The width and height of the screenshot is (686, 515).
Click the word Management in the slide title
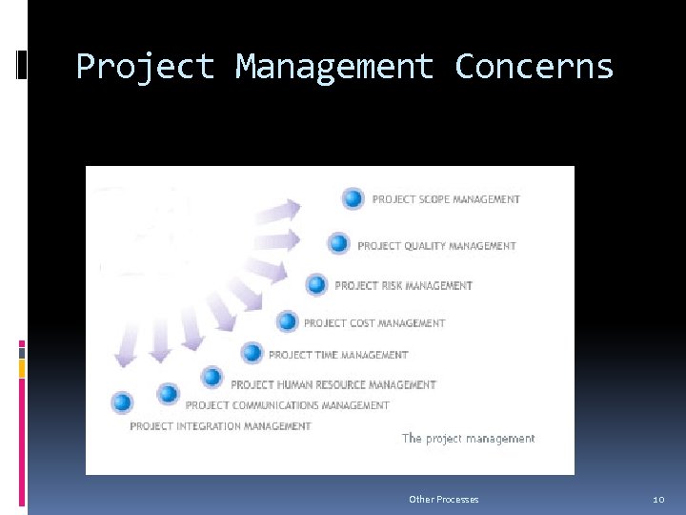pyautogui.click(x=333, y=67)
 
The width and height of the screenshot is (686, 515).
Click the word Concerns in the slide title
pyautogui.click(x=535, y=67)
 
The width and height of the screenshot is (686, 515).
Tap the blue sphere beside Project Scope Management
pyautogui.click(x=353, y=198)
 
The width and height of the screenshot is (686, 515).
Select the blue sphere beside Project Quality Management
pyautogui.click(x=339, y=244)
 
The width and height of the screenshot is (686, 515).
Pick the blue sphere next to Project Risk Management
pyautogui.click(x=317, y=284)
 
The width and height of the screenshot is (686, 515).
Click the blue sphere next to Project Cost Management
pyautogui.click(x=287, y=322)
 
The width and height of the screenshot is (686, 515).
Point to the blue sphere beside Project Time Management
pyautogui.click(x=252, y=354)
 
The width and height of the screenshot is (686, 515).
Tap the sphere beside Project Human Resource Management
pyautogui.click(x=212, y=378)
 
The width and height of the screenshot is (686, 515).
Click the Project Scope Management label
pyautogui.click(x=446, y=199)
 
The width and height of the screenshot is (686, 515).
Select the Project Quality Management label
pyautogui.click(x=436, y=246)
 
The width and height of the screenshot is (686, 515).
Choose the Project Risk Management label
pyautogui.click(x=403, y=285)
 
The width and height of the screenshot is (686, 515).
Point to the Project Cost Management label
pyautogui.click(x=374, y=323)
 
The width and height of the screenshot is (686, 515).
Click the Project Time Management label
pyautogui.click(x=338, y=355)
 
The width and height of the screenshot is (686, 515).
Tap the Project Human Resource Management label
pyautogui.click(x=333, y=385)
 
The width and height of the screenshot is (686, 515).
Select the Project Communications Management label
pyautogui.click(x=288, y=405)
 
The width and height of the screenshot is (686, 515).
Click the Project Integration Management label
pyautogui.click(x=220, y=426)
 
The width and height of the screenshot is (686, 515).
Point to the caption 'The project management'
pyautogui.click(x=468, y=439)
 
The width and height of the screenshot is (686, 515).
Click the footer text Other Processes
pyautogui.click(x=443, y=500)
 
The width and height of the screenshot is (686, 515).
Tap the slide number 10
pyautogui.click(x=657, y=500)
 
